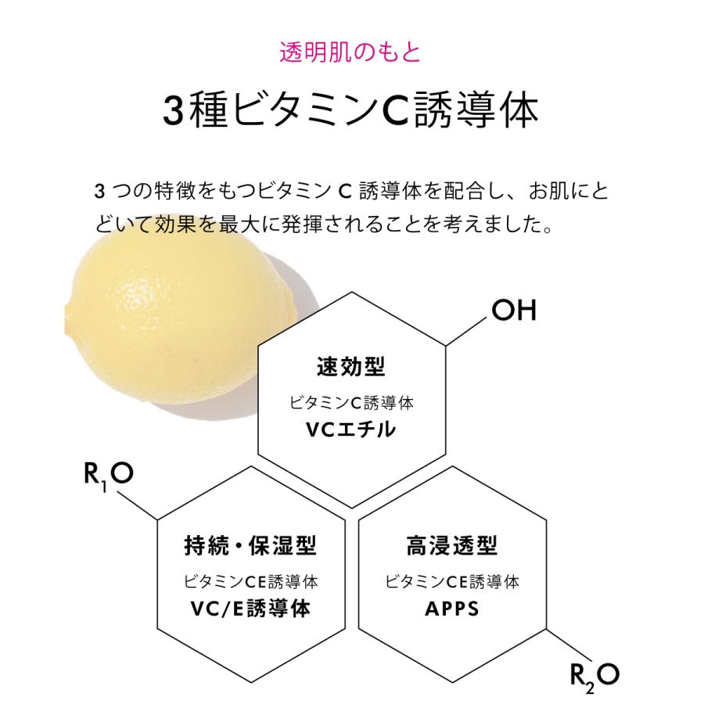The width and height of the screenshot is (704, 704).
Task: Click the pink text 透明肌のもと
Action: click(x=350, y=52)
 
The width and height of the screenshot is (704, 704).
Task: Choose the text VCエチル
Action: click(x=351, y=429)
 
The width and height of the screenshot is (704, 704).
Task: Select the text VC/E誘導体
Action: click(x=251, y=608)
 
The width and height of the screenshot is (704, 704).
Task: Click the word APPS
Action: click(x=452, y=608)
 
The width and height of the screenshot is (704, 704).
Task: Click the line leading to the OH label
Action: click(x=467, y=331)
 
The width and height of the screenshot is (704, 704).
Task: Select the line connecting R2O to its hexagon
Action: click(x=566, y=642)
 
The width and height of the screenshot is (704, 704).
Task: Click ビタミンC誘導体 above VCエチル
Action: click(x=351, y=403)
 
